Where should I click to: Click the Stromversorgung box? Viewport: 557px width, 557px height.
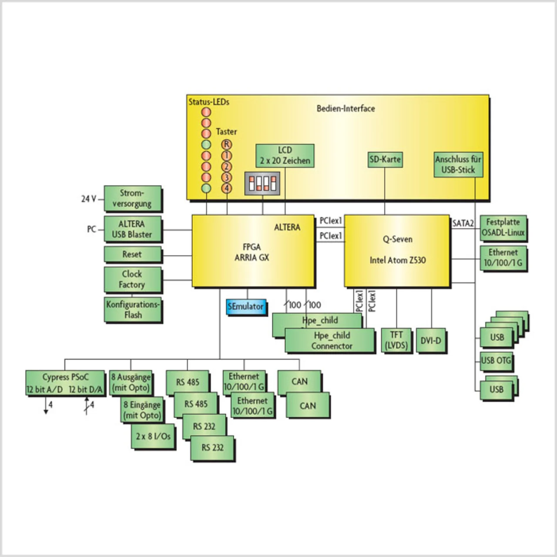click(132, 198)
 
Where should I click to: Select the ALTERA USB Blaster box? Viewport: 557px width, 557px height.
click(132, 229)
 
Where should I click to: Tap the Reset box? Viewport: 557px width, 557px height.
click(132, 254)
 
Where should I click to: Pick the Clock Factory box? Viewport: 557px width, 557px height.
click(132, 279)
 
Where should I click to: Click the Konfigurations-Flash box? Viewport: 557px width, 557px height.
click(132, 309)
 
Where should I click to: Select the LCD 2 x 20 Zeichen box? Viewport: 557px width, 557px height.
click(285, 155)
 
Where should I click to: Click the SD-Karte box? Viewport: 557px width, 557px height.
click(385, 159)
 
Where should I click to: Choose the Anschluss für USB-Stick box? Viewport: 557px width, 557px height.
click(458, 164)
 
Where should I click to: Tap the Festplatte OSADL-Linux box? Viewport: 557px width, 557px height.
click(503, 227)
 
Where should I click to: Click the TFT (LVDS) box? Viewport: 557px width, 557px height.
click(396, 340)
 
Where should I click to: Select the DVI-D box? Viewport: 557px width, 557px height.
click(430, 340)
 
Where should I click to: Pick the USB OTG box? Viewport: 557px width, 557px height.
click(496, 360)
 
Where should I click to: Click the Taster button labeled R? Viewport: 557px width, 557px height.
click(226, 144)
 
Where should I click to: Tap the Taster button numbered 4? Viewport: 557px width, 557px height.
click(226, 188)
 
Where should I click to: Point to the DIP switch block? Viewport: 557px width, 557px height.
click(262, 183)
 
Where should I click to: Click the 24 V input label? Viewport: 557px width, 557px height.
click(88, 199)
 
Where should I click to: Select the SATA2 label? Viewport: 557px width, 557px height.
click(463, 223)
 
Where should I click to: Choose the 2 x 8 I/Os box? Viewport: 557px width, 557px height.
click(153, 436)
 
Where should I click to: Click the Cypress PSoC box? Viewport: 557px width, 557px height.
click(65, 383)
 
